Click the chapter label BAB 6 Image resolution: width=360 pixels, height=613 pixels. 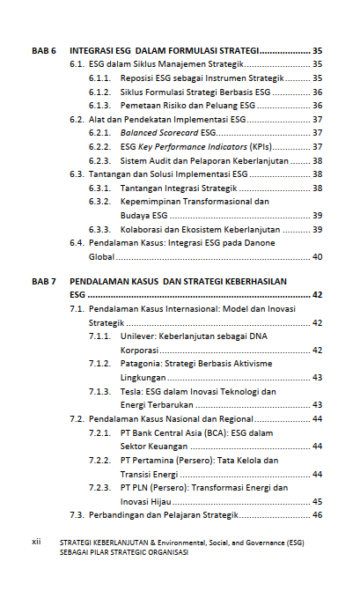point(44,51)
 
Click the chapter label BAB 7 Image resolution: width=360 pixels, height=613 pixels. point(44,281)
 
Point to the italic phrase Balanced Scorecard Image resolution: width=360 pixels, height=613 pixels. point(159,133)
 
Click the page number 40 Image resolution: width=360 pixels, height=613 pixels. point(317,256)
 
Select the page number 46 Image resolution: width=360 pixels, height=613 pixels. point(317,514)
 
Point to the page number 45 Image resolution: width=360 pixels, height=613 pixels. point(317,500)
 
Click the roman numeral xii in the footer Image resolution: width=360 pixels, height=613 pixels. point(37,543)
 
